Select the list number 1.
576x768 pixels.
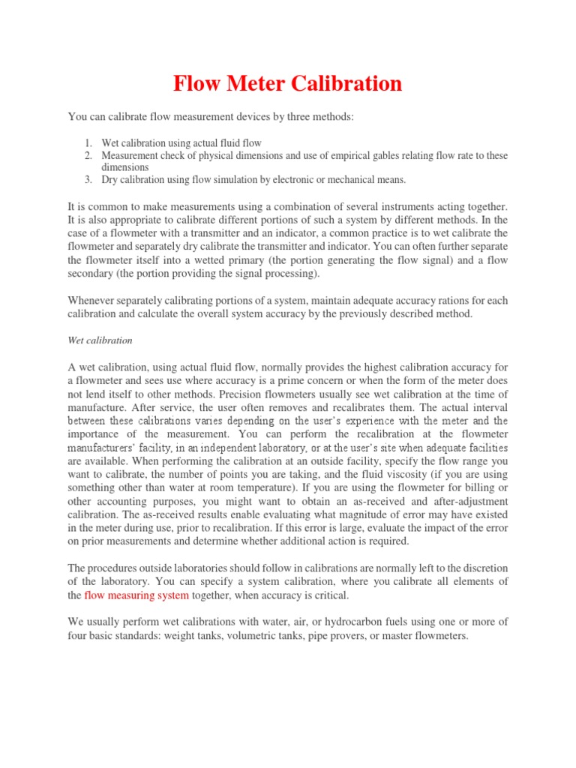[87, 142]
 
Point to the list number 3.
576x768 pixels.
[87, 180]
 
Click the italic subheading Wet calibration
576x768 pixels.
[100, 340]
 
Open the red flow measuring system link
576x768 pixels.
[136, 595]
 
